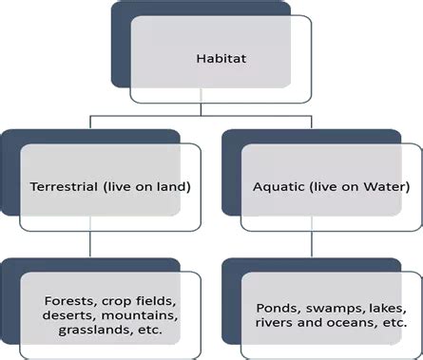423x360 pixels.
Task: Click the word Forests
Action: coord(67,301)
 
